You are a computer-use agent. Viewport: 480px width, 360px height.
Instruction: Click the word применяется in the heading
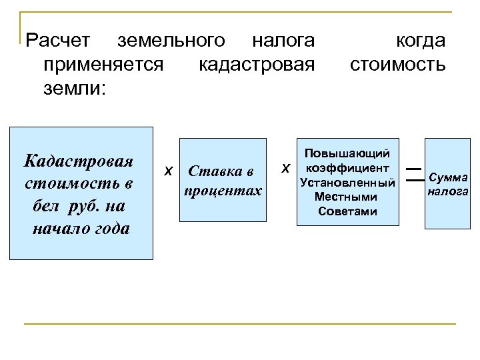101,65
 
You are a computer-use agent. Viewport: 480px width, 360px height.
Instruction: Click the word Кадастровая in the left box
78,161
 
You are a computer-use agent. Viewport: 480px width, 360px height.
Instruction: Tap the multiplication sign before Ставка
169,170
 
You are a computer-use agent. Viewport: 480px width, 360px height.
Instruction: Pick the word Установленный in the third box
347,182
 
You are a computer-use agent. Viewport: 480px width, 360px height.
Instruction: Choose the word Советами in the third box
347,211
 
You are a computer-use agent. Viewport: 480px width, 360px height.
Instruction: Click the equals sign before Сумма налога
414,173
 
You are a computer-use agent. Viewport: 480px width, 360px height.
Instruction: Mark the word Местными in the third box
347,197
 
